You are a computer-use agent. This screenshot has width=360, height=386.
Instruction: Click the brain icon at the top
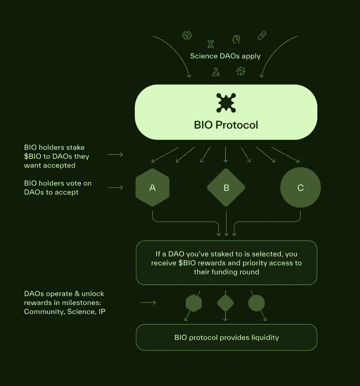pos(187,36)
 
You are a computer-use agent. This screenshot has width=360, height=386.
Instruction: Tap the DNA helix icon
pos(211,43)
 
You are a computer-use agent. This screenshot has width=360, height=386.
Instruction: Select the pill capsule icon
pos(261,36)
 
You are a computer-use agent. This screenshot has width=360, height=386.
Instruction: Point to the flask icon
pos(216,72)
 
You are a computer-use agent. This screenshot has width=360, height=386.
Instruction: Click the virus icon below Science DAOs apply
pos(241,71)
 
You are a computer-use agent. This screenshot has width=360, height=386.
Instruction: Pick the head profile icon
pos(236,39)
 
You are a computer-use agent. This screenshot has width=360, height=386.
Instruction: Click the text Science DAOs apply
pos(225,56)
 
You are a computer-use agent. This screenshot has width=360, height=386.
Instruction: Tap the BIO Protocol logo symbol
pos(226,103)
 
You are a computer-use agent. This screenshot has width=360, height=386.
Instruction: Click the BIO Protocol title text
pos(226,125)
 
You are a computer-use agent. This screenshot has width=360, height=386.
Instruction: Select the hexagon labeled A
pos(153,188)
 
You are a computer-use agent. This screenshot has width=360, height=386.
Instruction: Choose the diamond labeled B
pos(226,188)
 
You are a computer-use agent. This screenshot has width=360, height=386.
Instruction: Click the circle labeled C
pos(301,188)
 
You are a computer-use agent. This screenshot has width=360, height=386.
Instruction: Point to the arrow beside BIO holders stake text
pos(115,154)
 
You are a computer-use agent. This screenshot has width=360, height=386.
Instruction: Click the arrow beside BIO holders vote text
pos(115,188)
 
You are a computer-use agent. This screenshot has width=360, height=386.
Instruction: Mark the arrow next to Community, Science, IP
pos(148,303)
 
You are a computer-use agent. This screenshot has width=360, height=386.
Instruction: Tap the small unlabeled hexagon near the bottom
pos(194,303)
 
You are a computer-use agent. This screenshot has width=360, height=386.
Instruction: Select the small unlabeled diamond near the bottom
pos(226,303)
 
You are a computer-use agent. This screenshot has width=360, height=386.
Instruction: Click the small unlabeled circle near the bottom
pos(257,303)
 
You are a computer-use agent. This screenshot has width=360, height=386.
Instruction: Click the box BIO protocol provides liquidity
pos(226,337)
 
